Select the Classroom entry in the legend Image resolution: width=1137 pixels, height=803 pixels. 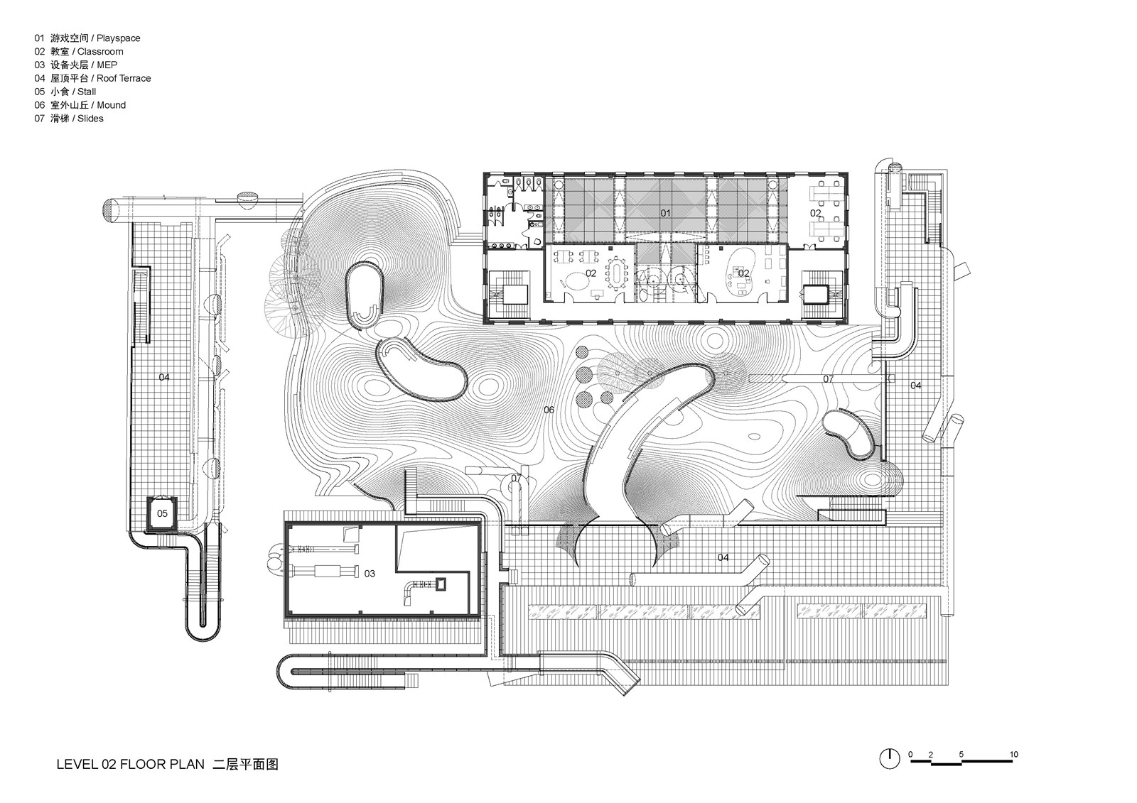[x=100, y=52]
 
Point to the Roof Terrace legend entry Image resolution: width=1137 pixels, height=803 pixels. [x=124, y=79]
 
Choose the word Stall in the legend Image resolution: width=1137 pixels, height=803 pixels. [x=87, y=92]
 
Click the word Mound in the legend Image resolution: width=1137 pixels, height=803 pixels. [x=111, y=106]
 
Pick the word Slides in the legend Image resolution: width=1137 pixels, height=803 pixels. [x=90, y=119]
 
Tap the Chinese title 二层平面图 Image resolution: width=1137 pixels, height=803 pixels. [x=246, y=765]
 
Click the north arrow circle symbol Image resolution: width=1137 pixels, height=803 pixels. [x=889, y=758]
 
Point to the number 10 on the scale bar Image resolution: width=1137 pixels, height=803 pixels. [x=1014, y=754]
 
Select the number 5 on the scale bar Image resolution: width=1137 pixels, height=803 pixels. [x=961, y=754]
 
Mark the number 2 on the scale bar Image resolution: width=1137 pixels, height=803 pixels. [x=931, y=754]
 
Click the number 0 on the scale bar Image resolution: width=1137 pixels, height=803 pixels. [x=910, y=754]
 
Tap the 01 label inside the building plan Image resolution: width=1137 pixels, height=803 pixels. [x=666, y=212]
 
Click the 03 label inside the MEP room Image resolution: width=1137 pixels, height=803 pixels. [x=370, y=573]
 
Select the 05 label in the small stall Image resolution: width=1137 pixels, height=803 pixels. [x=163, y=513]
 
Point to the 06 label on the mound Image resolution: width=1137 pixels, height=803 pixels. [x=549, y=410]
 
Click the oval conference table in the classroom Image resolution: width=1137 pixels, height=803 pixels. [x=617, y=271]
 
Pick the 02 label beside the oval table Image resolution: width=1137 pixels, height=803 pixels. [x=591, y=273]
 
